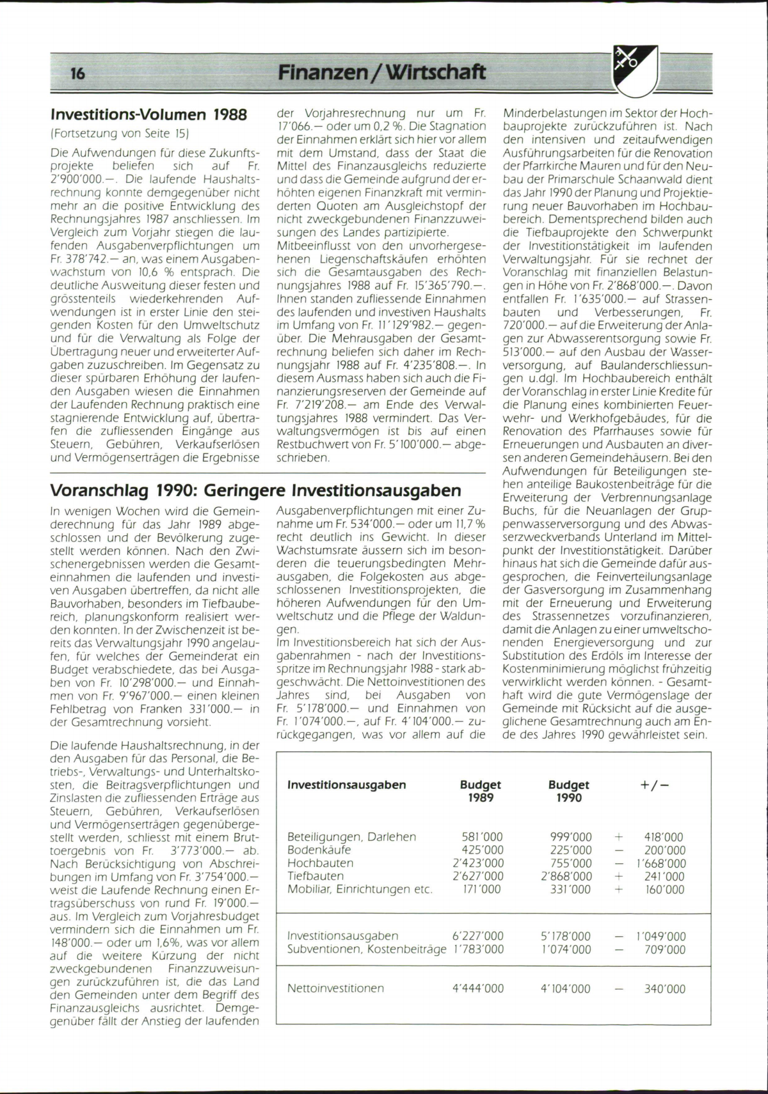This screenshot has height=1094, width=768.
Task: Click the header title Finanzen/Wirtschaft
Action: coord(382,72)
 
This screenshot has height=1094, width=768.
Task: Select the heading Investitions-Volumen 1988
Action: coord(148,115)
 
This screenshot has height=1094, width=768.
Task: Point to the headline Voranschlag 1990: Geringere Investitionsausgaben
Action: coord(255,490)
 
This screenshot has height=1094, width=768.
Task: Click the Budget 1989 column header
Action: coord(481,791)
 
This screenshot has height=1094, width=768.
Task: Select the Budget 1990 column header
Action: coord(569,791)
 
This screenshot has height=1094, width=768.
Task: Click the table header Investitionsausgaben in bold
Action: coord(347,785)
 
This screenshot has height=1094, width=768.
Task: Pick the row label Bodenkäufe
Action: coord(319,850)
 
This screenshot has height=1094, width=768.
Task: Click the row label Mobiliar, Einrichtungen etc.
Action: coord(360,889)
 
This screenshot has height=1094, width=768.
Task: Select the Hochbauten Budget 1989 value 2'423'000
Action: coord(478,863)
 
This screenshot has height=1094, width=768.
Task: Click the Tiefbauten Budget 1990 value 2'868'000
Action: coord(566,876)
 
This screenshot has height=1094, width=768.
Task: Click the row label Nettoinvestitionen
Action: coord(336,989)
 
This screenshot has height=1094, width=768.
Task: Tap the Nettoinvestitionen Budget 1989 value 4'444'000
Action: coord(478,989)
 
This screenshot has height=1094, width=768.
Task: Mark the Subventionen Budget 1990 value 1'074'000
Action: coord(566,949)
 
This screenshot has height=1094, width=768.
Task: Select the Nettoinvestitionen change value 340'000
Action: coord(664,989)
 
